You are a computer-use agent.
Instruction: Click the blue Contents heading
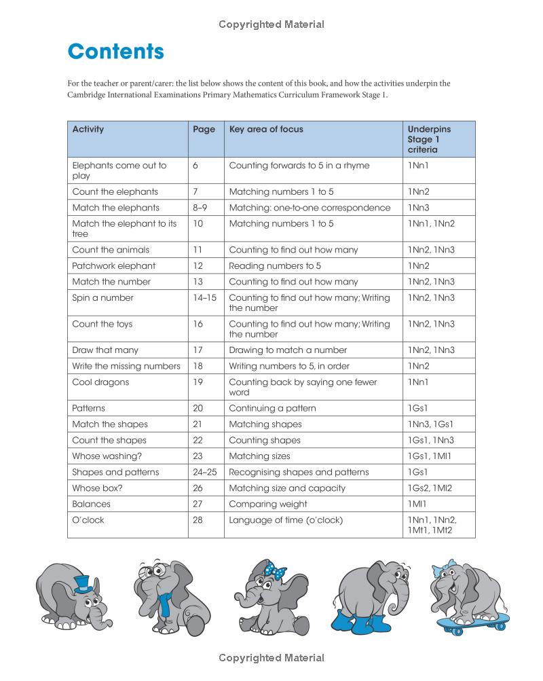click(116, 52)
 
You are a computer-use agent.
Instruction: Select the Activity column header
click(88, 129)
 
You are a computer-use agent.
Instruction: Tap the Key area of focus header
click(266, 129)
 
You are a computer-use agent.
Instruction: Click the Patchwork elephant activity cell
click(114, 266)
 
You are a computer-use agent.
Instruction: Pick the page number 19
click(198, 382)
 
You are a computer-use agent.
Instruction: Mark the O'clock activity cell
click(88, 520)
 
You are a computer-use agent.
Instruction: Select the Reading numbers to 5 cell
click(275, 266)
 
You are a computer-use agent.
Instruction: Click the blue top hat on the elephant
click(82, 583)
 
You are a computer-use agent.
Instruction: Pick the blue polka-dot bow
click(276, 572)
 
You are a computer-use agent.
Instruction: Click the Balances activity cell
click(92, 504)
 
